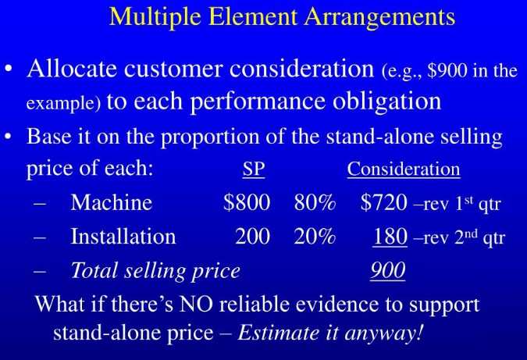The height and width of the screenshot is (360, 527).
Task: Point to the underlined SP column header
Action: pyautogui.click(x=254, y=169)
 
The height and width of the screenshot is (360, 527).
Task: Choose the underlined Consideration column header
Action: pyautogui.click(x=404, y=169)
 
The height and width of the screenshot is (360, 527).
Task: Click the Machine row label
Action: pyautogui.click(x=111, y=203)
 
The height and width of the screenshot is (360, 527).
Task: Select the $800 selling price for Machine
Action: pyautogui.click(x=247, y=203)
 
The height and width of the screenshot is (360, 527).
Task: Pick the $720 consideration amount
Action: pyautogui.click(x=384, y=203)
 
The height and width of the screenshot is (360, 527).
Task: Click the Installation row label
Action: pyautogui.click(x=123, y=237)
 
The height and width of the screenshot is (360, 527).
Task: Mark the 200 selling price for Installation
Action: pyautogui.click(x=252, y=237)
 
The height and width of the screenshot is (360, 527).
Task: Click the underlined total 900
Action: pyautogui.click(x=387, y=271)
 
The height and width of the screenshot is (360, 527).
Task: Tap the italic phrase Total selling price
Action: pyautogui.click(x=155, y=271)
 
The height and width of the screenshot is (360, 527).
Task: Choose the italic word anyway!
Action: pyautogui.click(x=383, y=333)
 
